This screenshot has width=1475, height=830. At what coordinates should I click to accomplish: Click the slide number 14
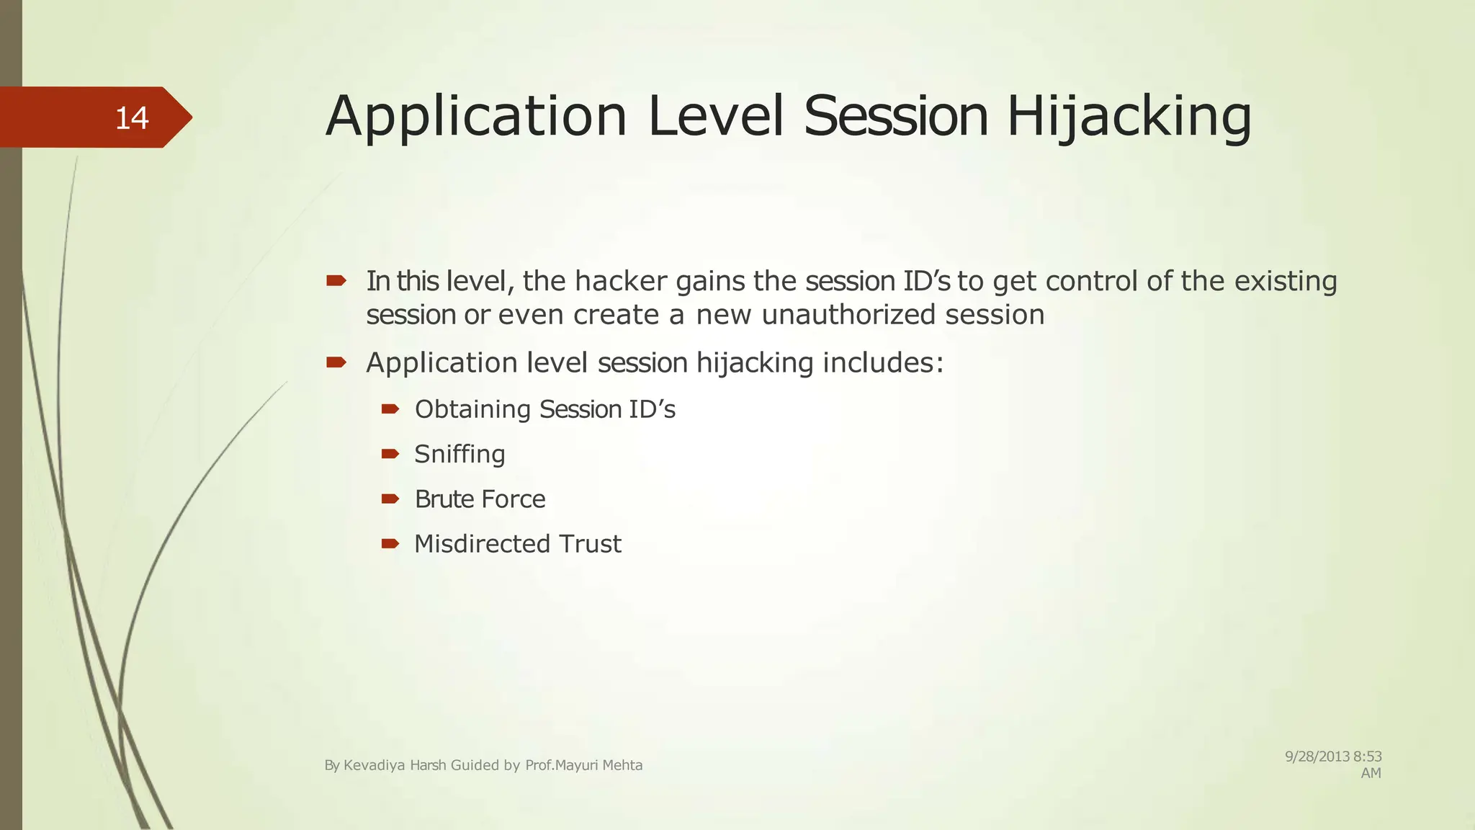point(132,118)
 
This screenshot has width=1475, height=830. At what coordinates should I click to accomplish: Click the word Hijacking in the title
point(1129,117)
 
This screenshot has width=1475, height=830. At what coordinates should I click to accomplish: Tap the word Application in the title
point(476,117)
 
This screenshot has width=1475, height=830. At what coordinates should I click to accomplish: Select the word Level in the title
point(715,117)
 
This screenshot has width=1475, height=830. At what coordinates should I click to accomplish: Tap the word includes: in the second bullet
point(882,362)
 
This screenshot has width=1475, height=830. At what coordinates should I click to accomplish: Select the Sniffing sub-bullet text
point(459,454)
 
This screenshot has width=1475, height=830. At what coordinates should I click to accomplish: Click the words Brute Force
point(480,499)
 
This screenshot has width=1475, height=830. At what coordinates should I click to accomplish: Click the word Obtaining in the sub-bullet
point(472,409)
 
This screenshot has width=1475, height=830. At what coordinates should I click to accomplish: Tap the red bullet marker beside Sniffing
point(390,454)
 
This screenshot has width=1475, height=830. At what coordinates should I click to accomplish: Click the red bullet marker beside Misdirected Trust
point(390,543)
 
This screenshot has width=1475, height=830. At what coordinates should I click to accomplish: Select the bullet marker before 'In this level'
point(336,280)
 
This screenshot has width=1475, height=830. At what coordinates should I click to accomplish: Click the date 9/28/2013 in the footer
point(1317,757)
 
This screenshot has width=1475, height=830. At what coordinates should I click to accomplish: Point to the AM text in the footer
point(1371,773)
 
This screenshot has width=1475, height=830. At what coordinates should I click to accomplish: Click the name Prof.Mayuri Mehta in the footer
point(583,765)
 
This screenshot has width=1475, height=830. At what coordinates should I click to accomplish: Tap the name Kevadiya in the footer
point(374,765)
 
